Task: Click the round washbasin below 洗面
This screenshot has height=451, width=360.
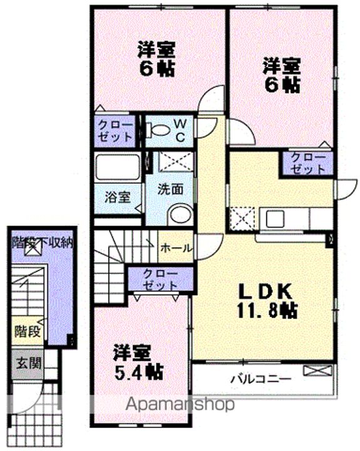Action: coord(180,214)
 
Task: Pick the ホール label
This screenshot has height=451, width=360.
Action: coord(176,248)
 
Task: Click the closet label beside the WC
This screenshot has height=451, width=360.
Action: coord(116,130)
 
